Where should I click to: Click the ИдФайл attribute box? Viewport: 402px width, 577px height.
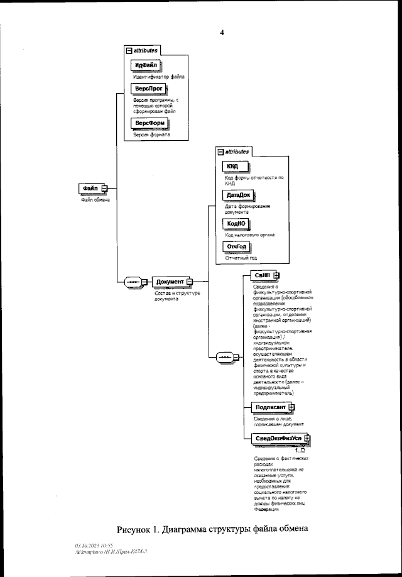click(146, 66)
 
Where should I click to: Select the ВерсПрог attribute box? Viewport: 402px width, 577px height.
click(145, 89)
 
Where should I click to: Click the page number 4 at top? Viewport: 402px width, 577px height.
click(222, 32)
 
